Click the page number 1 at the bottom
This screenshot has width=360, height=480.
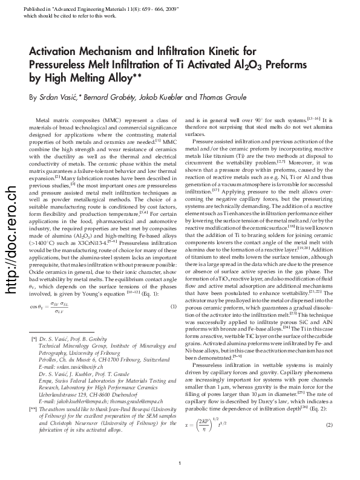tap(180, 463)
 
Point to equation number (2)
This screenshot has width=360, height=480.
tap(329, 426)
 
